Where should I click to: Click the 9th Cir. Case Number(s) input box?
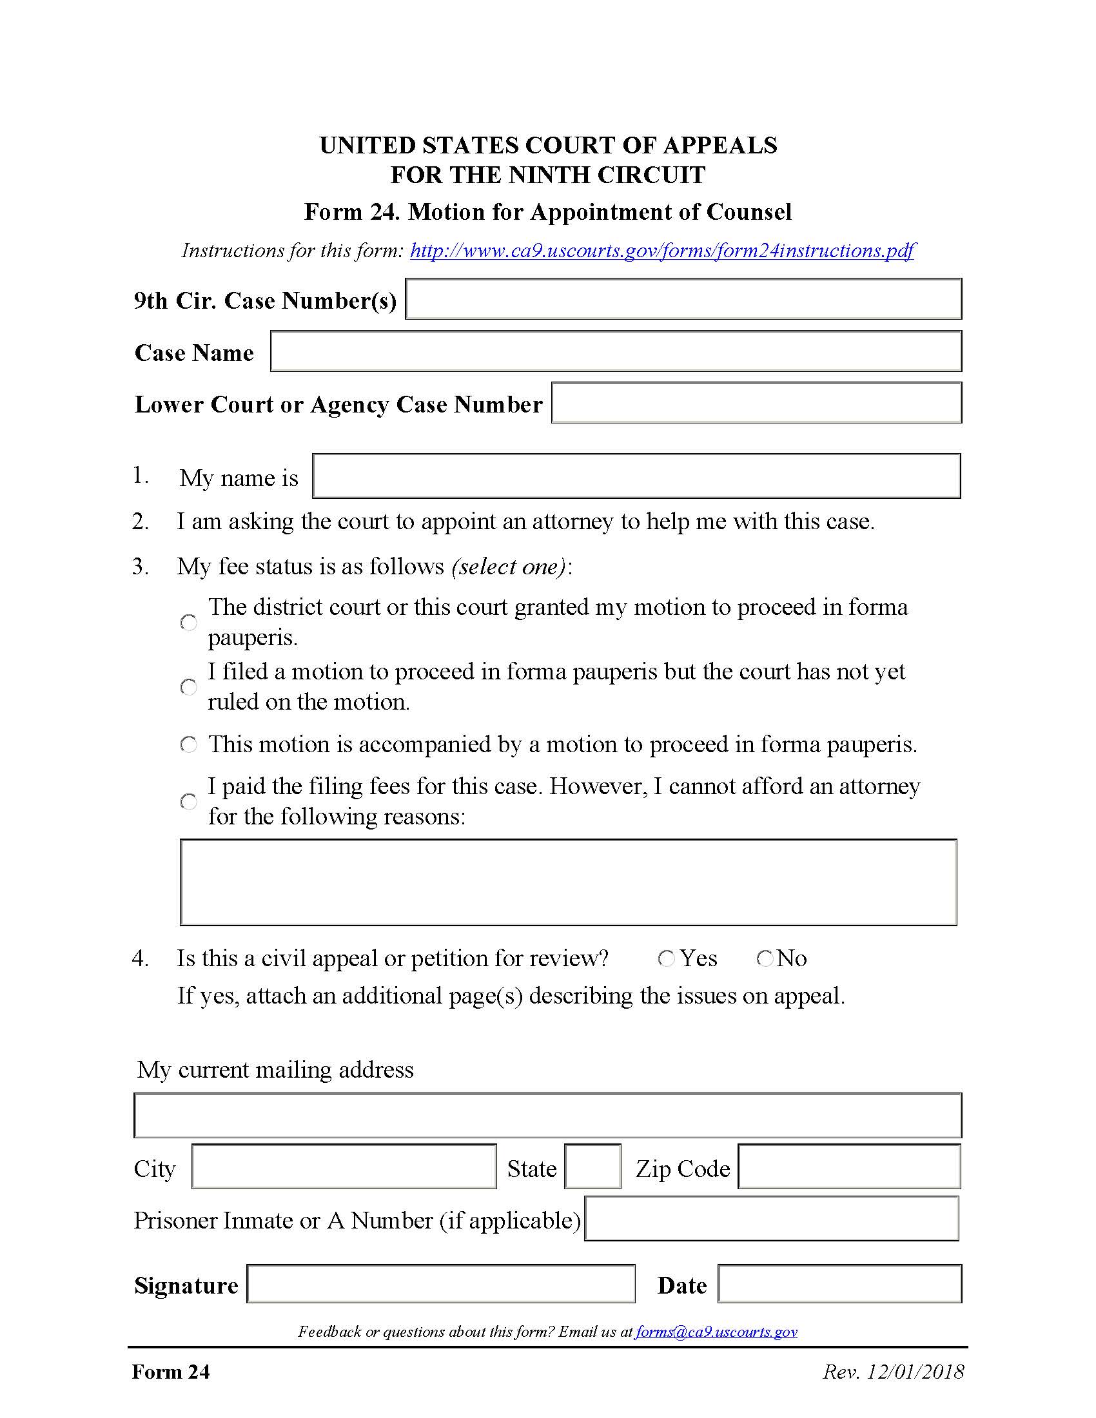[x=683, y=298]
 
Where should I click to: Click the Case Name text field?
[x=616, y=351]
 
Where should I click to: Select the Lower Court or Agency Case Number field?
[x=756, y=403]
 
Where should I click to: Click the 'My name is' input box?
[x=636, y=476]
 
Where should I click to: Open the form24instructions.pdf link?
[x=662, y=251]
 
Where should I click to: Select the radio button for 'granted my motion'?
[x=189, y=623]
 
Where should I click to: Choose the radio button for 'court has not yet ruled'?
[x=189, y=687]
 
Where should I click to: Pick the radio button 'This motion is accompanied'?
[x=189, y=744]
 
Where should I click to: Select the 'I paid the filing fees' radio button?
[x=189, y=802]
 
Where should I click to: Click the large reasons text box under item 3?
[x=568, y=882]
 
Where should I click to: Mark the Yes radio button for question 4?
[x=667, y=958]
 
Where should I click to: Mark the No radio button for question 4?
[x=765, y=958]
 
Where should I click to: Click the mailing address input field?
[x=547, y=1116]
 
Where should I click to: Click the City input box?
[x=344, y=1167]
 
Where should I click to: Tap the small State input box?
[x=592, y=1167]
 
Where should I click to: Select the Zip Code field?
[x=849, y=1167]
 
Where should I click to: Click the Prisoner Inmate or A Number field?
[x=771, y=1219]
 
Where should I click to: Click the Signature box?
[x=441, y=1283]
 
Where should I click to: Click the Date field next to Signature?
[x=839, y=1283]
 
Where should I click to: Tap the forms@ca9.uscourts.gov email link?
[x=716, y=1332]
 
